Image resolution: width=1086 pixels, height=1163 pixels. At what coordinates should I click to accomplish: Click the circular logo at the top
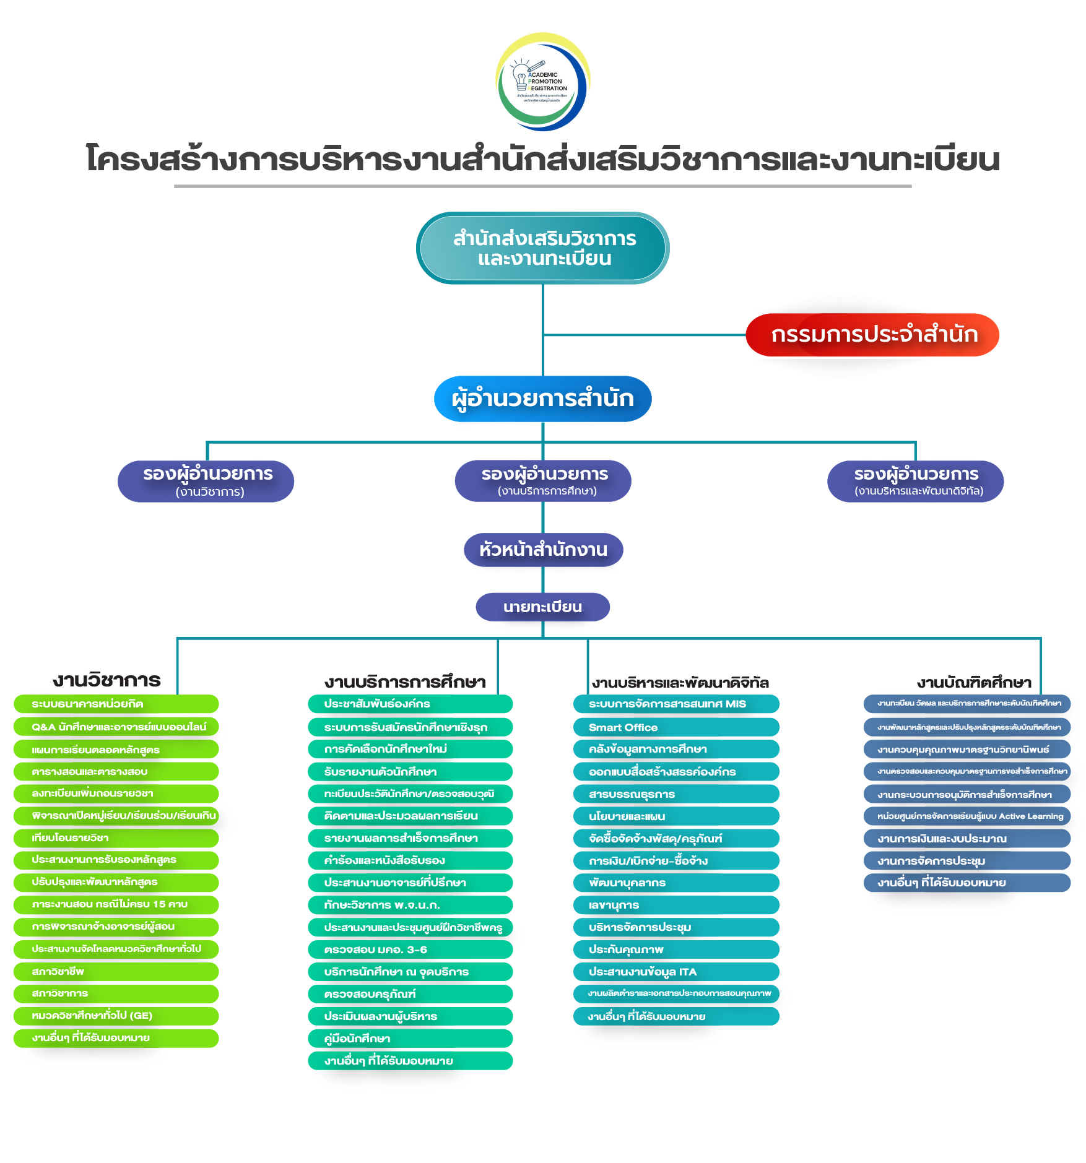pos(542,82)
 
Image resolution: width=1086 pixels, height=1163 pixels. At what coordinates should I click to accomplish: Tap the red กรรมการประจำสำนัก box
pos(872,335)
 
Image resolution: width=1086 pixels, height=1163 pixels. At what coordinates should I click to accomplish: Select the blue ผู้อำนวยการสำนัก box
pos(542,399)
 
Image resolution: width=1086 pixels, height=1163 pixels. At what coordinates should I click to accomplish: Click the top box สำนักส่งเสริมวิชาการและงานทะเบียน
pos(542,248)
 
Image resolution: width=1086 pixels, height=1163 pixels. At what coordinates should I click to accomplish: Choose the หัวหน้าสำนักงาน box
pos(543,550)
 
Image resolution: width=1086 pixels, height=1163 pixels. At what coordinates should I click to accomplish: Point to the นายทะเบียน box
pos(542,607)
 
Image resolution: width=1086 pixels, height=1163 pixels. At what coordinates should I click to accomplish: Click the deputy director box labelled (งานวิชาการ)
pos(206,481)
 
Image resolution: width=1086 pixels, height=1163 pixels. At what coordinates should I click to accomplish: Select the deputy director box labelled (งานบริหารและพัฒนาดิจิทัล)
pos(915,481)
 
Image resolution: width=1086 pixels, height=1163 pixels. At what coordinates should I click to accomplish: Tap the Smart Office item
pos(675,727)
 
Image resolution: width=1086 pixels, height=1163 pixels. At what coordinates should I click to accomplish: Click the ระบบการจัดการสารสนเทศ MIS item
pos(675,704)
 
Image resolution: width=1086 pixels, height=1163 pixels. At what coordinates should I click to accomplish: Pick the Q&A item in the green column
pos(116,727)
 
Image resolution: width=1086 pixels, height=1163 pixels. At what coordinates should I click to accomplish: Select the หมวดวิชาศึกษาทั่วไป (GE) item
pos(116,1016)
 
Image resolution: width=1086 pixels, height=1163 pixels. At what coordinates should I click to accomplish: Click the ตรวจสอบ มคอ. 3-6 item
pos(410,949)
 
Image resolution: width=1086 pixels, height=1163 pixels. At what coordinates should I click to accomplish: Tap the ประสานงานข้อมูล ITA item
pos(675,972)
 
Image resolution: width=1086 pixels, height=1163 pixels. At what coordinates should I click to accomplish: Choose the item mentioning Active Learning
pos(967,816)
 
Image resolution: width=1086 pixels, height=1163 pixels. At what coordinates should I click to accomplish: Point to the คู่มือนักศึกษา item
pos(410,1039)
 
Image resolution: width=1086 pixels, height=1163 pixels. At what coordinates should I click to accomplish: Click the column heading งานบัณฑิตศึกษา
pos(974,682)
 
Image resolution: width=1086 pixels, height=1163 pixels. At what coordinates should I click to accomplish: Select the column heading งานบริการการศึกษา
pos(405,682)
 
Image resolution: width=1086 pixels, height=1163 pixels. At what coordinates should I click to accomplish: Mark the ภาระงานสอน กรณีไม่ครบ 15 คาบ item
pos(116,904)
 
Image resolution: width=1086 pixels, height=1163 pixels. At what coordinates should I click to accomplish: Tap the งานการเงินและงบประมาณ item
pos(967,839)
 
